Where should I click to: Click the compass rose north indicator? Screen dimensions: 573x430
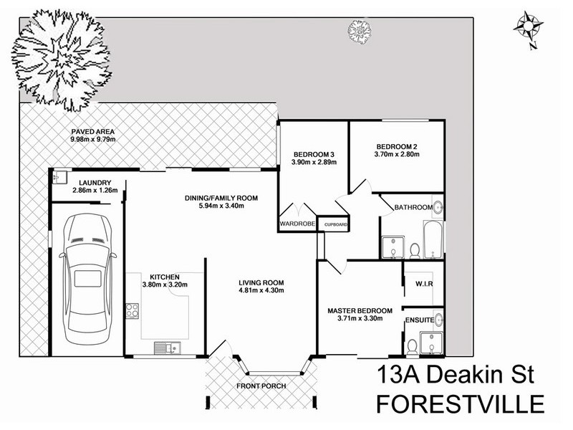pyautogui.click(x=529, y=28)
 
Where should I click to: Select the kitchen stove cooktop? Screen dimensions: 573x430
pyautogui.click(x=133, y=310)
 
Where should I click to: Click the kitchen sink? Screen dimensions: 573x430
pyautogui.click(x=168, y=348)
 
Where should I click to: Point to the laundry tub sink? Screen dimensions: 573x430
pyautogui.click(x=59, y=178)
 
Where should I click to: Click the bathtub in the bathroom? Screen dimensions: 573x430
pyautogui.click(x=433, y=240)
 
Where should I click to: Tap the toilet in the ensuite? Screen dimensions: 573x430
pyautogui.click(x=413, y=347)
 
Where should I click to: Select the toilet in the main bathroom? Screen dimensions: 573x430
pyautogui.click(x=415, y=252)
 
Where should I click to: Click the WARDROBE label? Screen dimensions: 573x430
pyautogui.click(x=297, y=224)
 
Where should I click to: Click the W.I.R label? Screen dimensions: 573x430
pyautogui.click(x=424, y=284)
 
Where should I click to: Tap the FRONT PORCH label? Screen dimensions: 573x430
pyautogui.click(x=261, y=386)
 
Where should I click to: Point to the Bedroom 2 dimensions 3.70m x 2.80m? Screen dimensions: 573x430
pyautogui.click(x=397, y=154)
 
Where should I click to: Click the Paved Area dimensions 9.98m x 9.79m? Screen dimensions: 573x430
pyautogui.click(x=93, y=139)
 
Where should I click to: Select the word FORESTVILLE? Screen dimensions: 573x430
pyautogui.click(x=461, y=404)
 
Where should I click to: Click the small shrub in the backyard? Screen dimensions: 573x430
pyautogui.click(x=360, y=31)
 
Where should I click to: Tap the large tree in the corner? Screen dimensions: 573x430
pyautogui.click(x=62, y=60)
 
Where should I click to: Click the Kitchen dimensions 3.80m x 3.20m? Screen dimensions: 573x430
pyautogui.click(x=165, y=285)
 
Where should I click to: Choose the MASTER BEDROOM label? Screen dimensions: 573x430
pyautogui.click(x=360, y=311)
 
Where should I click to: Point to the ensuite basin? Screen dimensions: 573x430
pyautogui.click(x=438, y=320)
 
